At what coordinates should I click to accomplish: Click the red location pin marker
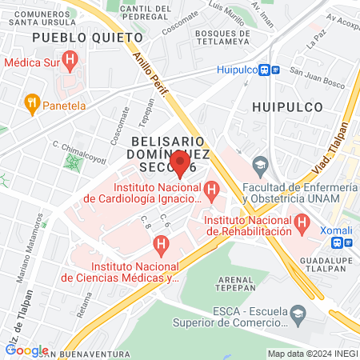[181, 163]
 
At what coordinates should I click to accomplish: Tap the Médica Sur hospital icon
[70, 58]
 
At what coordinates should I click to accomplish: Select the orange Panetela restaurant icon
[32, 102]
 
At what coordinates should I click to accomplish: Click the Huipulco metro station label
[240, 70]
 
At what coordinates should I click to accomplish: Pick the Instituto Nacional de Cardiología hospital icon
[212, 190]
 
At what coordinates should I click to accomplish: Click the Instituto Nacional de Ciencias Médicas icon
[162, 244]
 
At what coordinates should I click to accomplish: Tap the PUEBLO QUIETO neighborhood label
[76, 38]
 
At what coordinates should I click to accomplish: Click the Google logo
[26, 350]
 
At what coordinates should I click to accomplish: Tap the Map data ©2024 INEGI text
[312, 354]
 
